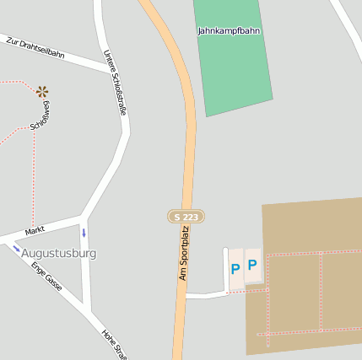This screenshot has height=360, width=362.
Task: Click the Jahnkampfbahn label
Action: point(229,31)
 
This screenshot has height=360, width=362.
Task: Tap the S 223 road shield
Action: point(186,217)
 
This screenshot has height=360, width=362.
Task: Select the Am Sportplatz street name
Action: point(183,253)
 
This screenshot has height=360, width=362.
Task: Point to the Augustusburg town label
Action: point(58,253)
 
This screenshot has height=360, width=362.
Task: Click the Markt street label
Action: point(35,230)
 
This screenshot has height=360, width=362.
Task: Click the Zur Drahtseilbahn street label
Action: point(35,47)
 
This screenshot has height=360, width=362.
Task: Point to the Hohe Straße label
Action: point(115,343)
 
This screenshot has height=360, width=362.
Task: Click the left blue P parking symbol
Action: point(235,270)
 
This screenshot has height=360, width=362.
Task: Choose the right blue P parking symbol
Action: point(251,266)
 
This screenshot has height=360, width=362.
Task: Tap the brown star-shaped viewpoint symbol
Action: point(42,91)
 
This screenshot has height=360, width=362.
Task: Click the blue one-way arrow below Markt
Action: point(84,233)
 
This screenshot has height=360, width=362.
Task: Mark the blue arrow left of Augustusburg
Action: point(16,248)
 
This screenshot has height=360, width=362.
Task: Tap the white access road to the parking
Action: point(205,295)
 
